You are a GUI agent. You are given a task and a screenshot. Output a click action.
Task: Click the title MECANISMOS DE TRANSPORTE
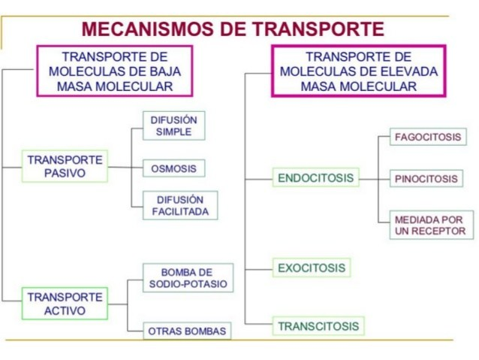point(232,29)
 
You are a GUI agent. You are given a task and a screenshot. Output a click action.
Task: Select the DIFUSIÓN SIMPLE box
point(174,126)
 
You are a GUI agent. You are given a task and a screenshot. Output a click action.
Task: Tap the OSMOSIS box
point(174,168)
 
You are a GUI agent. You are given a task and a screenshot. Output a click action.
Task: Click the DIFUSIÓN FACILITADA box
point(174,206)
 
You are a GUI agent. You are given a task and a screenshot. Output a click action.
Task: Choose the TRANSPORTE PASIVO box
point(65,166)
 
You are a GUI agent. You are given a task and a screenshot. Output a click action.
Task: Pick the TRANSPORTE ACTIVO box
point(65,304)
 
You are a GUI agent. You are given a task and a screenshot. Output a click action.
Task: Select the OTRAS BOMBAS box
point(188,331)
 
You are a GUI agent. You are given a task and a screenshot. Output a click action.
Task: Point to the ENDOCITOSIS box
point(315,178)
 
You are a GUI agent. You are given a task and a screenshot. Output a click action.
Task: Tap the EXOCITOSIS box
point(312,268)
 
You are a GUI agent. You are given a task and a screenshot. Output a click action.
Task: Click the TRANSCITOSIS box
point(318,326)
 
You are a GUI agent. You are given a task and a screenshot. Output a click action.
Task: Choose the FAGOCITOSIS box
point(428,138)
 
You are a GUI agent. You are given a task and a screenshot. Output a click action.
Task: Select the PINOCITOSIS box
point(426,180)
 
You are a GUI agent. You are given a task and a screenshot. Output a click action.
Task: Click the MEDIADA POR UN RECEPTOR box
point(431,225)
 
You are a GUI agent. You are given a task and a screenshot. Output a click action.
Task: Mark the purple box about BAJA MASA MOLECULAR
point(115,71)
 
